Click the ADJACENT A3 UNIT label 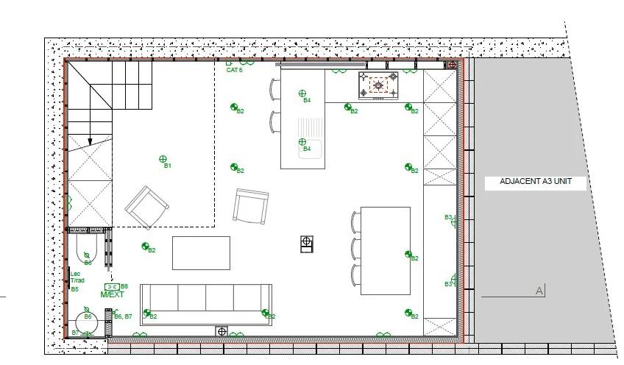click(x=535, y=182)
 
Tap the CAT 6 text click(x=234, y=70)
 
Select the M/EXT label click(x=113, y=294)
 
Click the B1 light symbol click(x=163, y=158)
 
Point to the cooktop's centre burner click(x=378, y=85)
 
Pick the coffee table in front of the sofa click(x=201, y=252)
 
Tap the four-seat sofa click(x=205, y=303)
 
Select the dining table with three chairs click(x=385, y=250)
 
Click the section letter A click(x=539, y=291)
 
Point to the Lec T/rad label click(x=77, y=277)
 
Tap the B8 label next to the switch click(x=124, y=286)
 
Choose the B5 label click(x=74, y=289)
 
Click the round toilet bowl click(x=88, y=324)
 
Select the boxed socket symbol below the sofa click(x=221, y=331)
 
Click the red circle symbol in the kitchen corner click(x=452, y=65)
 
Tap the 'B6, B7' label click(x=123, y=316)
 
